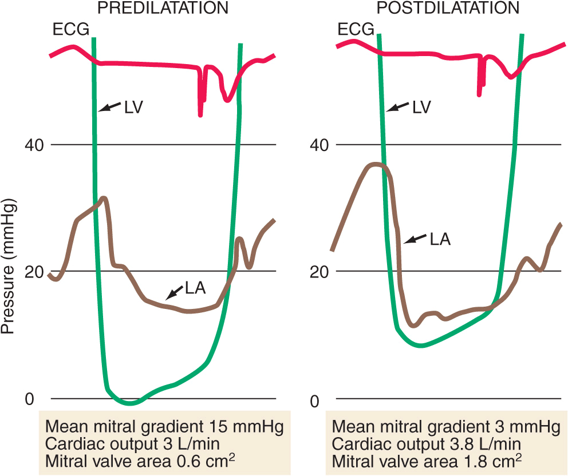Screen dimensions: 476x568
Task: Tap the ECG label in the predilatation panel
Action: point(70,29)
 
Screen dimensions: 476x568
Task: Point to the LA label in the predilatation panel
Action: point(196,289)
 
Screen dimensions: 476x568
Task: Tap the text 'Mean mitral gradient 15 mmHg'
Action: point(164,426)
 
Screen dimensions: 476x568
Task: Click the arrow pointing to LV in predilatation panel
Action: point(110,107)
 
